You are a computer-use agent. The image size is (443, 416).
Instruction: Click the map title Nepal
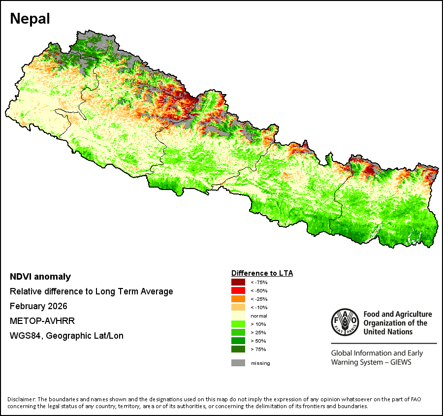30,19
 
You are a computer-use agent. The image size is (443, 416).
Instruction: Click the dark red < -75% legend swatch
238,282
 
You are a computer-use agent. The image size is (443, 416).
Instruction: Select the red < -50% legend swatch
238,290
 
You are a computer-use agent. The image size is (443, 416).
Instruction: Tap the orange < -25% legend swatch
238,299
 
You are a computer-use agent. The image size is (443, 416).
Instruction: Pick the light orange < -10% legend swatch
238,307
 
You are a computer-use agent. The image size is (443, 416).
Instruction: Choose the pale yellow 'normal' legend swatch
238,316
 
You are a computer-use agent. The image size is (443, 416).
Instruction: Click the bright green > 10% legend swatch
238,324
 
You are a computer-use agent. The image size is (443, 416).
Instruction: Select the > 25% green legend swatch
238,332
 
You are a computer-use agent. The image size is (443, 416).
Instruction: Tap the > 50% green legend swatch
238,341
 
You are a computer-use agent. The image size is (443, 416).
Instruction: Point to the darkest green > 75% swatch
238,349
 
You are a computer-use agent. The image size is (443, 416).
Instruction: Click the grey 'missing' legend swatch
238,363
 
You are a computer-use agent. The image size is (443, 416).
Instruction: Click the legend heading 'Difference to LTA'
262,273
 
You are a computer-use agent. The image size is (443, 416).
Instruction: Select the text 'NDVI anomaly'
40,277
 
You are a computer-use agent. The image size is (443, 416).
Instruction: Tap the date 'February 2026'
38,306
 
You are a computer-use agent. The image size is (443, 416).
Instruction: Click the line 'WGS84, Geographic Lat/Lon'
66,336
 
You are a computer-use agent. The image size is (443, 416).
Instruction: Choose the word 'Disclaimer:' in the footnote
21,399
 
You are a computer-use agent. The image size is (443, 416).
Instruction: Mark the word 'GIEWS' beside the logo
400,362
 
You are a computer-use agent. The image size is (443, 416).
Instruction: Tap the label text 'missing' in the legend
260,363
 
